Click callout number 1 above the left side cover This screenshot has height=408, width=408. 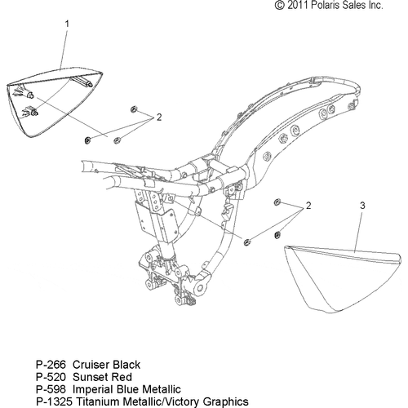[x=67, y=24]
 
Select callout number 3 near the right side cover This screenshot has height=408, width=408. [x=362, y=206]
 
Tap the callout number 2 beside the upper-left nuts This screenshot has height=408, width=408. [x=159, y=118]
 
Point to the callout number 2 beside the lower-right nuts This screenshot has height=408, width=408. [x=308, y=206]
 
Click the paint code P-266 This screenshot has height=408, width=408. [x=51, y=365]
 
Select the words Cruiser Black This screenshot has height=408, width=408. [x=107, y=365]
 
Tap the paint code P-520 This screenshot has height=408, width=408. [x=51, y=377]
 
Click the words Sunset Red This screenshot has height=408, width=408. [x=103, y=377]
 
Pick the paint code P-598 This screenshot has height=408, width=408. [x=51, y=389]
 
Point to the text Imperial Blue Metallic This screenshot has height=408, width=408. [x=126, y=389]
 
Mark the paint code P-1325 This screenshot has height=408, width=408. [x=55, y=401]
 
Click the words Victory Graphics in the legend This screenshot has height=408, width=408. [x=207, y=401]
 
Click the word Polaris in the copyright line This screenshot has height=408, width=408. [x=325, y=5]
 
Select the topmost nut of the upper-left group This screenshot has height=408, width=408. [x=134, y=109]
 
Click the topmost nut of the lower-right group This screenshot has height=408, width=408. [x=277, y=202]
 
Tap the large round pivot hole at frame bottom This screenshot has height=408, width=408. [x=202, y=288]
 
